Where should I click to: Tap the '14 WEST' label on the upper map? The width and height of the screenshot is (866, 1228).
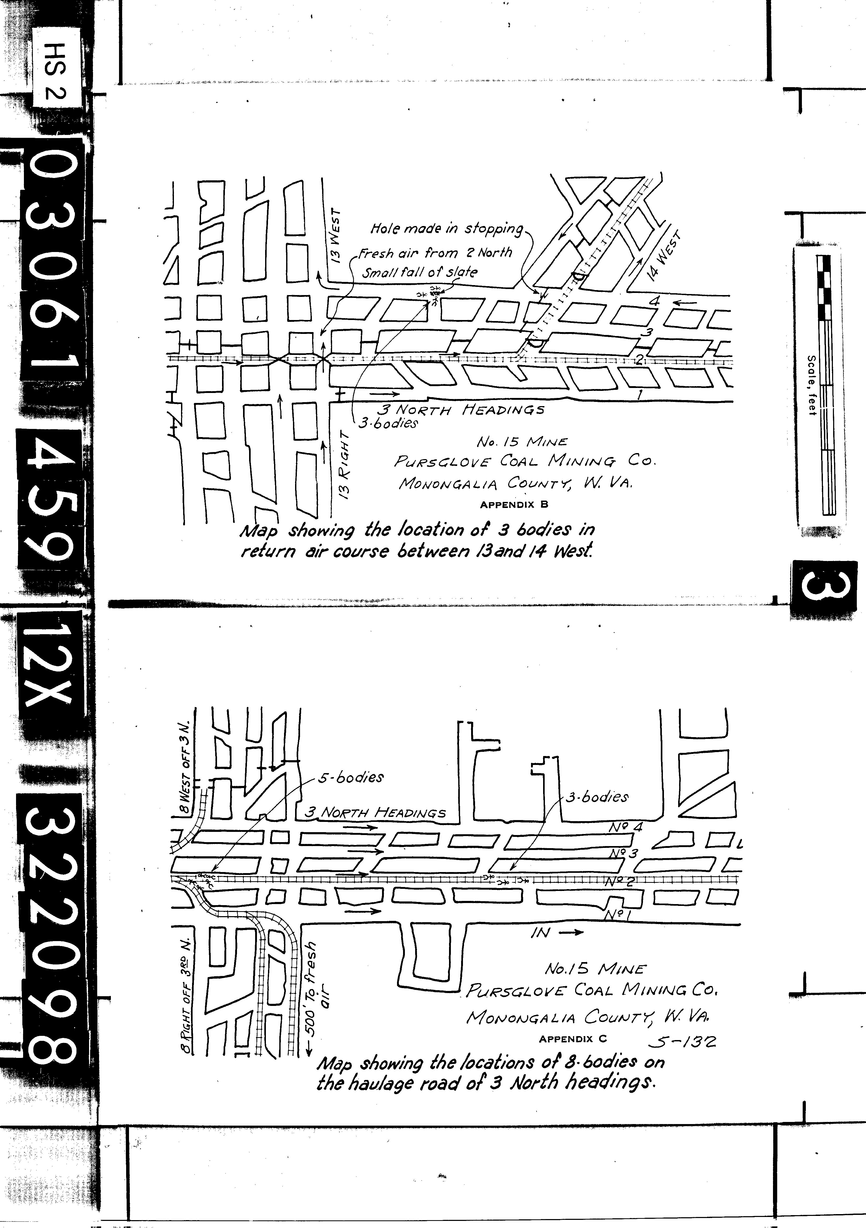[665, 256]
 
